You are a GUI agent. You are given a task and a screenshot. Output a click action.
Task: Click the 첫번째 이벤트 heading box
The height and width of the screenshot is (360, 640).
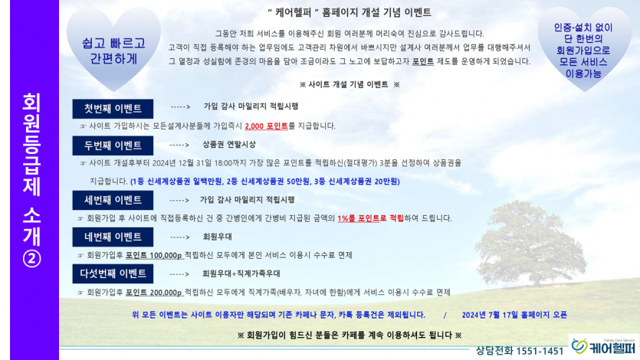pos(113,109)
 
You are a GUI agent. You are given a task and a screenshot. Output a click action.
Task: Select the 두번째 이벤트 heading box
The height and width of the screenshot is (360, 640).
pos(113,146)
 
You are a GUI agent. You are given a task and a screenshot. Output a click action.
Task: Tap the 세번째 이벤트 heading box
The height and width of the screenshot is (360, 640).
pos(113,200)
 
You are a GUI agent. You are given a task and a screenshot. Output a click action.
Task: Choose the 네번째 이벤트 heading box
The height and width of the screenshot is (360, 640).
pos(113,237)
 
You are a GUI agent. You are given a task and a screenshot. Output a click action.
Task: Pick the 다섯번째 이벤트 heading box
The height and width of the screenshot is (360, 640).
pos(113,273)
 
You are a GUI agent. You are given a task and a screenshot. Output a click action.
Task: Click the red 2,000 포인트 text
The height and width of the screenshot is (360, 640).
pos(267,126)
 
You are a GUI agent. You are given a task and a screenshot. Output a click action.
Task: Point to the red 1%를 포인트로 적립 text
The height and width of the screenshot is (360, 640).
pos(371,218)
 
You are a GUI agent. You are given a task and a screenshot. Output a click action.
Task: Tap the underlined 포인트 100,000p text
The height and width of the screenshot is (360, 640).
pos(154,256)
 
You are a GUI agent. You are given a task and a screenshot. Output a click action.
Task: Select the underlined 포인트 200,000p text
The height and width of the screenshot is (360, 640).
pos(154,293)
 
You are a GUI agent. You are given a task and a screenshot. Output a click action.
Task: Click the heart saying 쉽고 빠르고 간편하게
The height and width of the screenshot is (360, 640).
pos(113,49)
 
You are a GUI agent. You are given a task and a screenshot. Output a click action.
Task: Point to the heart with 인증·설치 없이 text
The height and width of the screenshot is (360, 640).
pos(584,49)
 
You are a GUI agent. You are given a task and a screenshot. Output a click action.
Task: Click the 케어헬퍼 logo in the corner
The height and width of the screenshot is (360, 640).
pos(604,346)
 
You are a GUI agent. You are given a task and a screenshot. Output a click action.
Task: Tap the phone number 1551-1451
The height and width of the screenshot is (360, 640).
pos(540,351)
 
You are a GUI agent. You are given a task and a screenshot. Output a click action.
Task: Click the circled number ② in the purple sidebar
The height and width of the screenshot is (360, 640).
pos(32,258)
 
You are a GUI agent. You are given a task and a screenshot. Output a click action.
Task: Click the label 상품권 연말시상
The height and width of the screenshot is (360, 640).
pos(229,145)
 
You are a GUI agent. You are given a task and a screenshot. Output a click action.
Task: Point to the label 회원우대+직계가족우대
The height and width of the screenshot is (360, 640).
pos(241,273)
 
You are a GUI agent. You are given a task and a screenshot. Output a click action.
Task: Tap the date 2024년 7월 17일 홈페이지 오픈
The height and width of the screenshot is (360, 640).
pos(514,315)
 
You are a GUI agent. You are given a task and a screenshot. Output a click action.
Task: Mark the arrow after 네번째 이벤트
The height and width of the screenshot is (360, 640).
pos(179,237)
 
